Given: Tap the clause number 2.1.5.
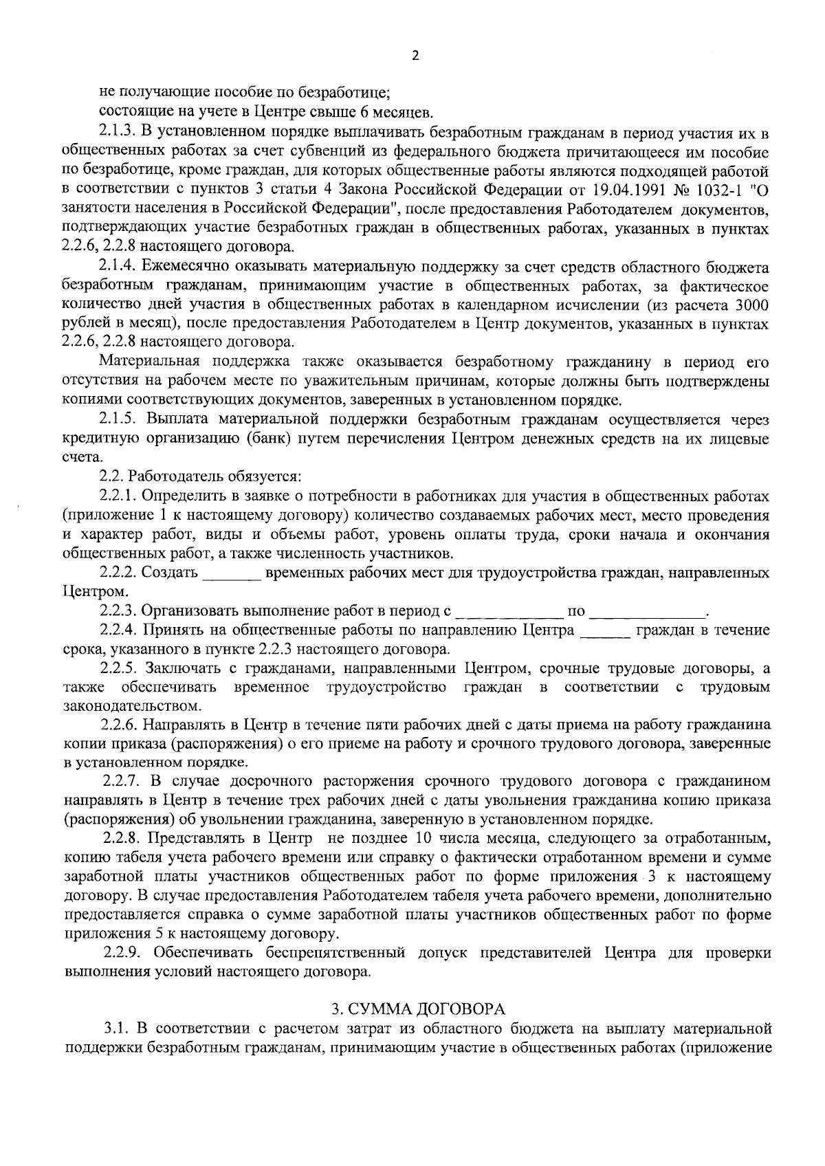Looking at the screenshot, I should point(120,420).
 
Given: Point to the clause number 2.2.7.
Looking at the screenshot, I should point(124,782).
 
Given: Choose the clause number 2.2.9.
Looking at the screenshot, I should point(124,953).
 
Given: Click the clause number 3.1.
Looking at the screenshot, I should point(117,1028).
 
